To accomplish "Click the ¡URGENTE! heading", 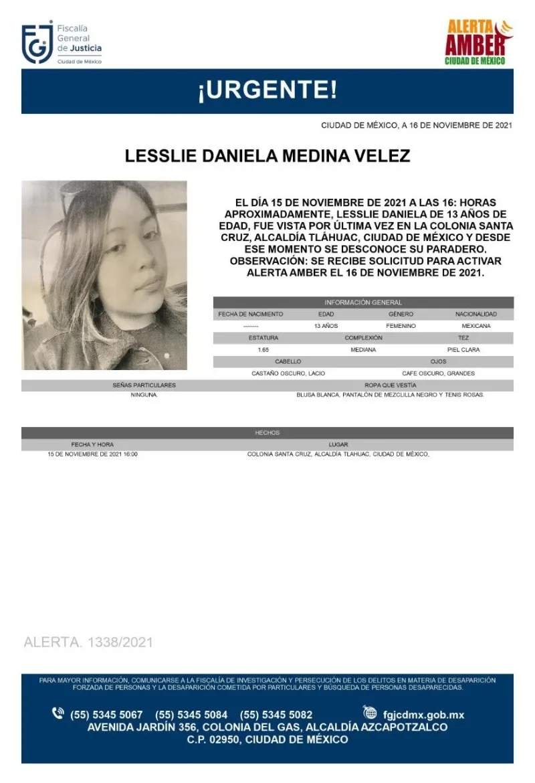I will coord(267,90).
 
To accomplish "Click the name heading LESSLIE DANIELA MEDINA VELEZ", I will coord(267,157).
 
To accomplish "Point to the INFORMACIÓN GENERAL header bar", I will coord(363,302).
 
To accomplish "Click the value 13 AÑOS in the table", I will coord(326,326).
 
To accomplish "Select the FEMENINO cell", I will coord(401,326).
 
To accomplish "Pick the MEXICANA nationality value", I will coord(475,326).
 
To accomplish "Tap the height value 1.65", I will coord(254,350).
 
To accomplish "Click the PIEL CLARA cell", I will coord(463,350).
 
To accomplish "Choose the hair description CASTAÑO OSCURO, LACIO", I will coord(288,373).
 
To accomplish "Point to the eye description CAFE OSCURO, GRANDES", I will coord(439,373).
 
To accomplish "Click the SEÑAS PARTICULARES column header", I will coord(144,385).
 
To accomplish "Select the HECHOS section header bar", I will coord(267,433).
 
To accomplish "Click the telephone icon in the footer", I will coord(58,713).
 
